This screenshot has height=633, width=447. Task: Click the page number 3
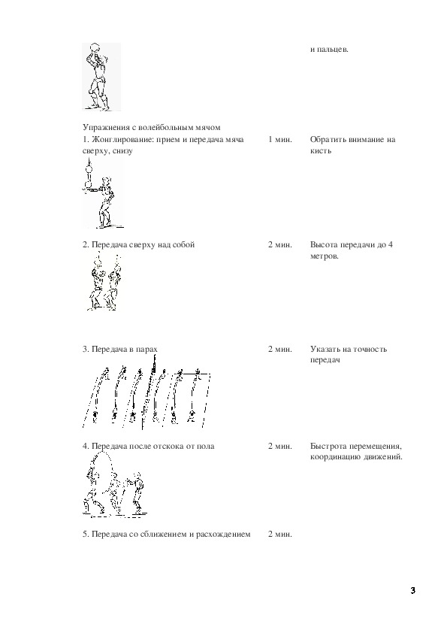point(412,591)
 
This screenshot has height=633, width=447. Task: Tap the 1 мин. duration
point(280,140)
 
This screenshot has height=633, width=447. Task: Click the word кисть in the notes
point(321,150)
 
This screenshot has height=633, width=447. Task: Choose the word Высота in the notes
point(324,244)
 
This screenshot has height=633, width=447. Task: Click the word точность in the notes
point(370,349)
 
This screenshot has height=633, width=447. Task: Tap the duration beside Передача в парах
point(280,349)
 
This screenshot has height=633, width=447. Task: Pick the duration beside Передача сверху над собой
point(280,244)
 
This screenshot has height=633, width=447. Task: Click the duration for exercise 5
point(280,534)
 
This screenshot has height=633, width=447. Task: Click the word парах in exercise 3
point(146,349)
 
